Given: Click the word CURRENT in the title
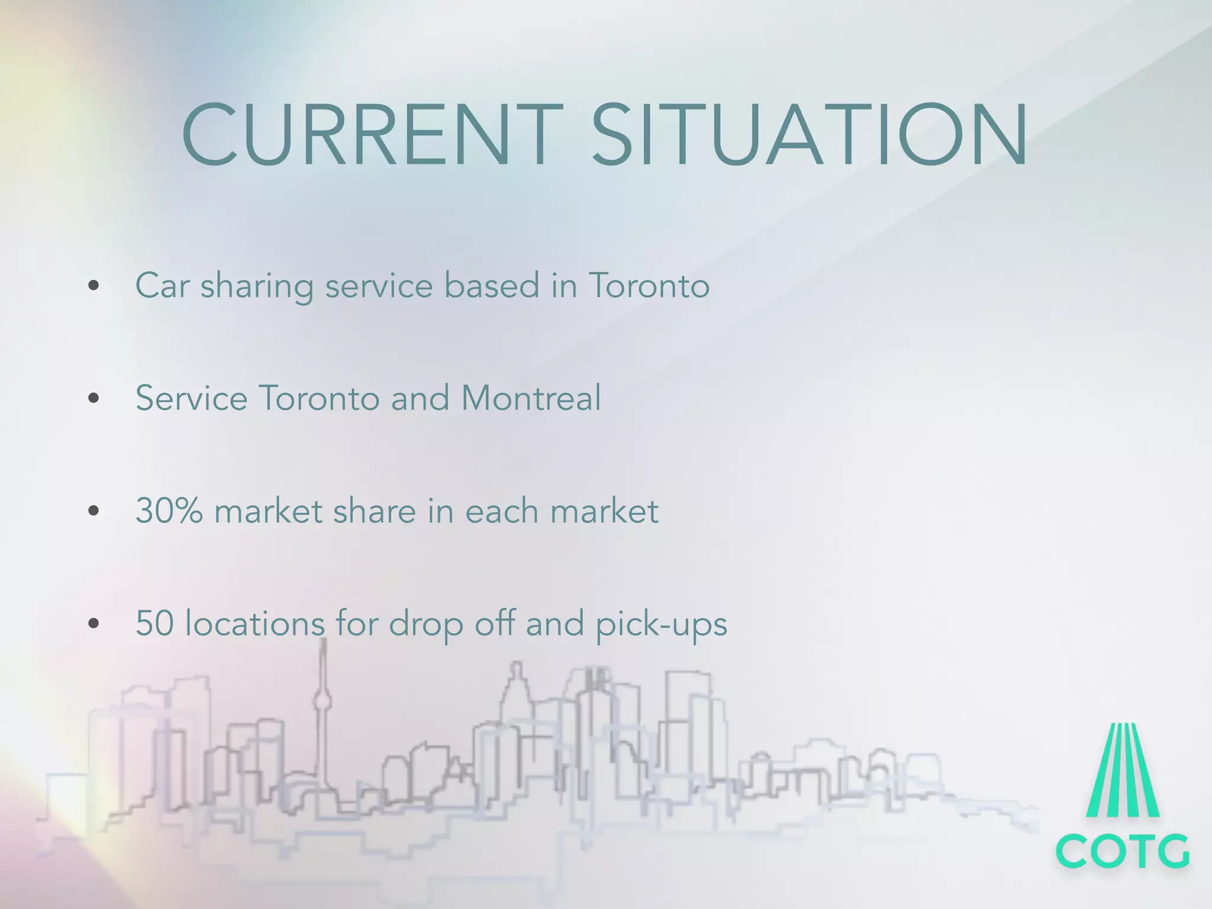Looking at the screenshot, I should pos(372,135).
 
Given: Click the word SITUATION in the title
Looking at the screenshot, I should pos(810,135).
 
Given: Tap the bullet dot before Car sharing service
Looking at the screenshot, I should pos(93,286).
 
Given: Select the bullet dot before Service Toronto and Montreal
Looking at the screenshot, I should pos(93,398).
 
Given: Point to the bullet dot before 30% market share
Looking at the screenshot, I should pos(93,511).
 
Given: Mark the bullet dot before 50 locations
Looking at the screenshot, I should pos(93,623).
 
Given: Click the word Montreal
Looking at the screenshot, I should pos(531,398).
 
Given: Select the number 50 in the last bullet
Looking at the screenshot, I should pos(154,623).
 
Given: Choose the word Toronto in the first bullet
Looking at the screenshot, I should pos(649,286).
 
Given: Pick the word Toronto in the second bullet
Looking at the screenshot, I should pos(319,398).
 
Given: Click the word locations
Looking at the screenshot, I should pos(254,623).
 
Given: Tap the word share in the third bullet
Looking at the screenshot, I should pos(374,511).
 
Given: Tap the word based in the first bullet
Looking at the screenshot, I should pos(492,286).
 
